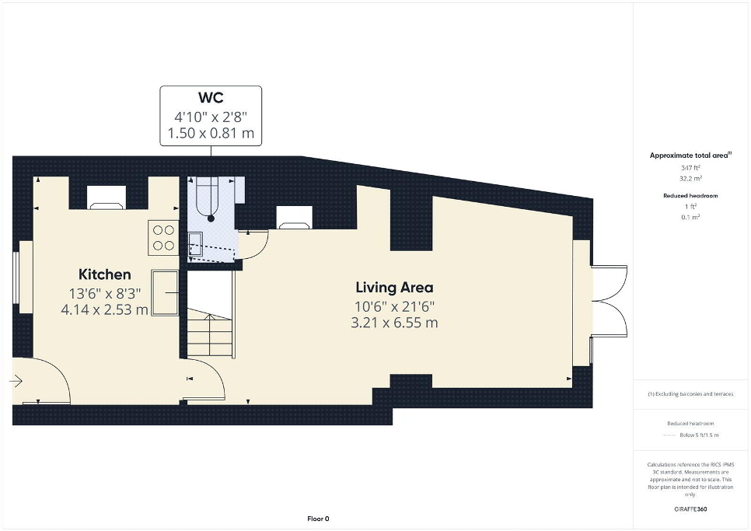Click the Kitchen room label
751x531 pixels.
104,274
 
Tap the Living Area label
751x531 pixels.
394,288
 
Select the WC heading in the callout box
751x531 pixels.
211,98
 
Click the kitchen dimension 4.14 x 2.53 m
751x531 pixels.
104,309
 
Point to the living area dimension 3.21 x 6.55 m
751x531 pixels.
394,323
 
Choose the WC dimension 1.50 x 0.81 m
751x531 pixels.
211,133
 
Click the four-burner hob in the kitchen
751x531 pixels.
163,238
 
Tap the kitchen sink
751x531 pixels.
166,292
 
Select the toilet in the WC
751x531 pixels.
208,199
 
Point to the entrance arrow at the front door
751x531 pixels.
16,382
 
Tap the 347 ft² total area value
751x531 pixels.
690,168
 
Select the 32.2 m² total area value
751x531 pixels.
690,178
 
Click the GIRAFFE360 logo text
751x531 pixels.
690,509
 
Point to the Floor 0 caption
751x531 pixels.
318,519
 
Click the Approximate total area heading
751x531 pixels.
690,155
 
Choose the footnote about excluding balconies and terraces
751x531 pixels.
690,394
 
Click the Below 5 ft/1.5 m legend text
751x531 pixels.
699,435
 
